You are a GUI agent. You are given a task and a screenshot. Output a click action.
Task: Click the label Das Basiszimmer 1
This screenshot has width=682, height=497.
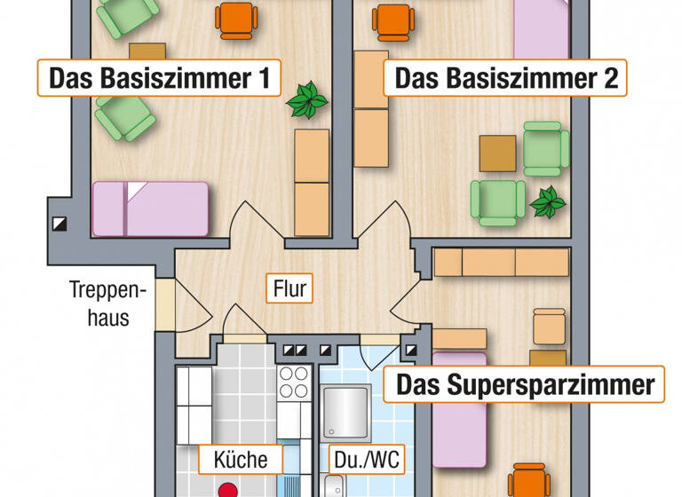click(159, 78)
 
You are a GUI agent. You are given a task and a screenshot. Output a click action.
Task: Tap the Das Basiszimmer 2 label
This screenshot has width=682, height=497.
click(505, 78)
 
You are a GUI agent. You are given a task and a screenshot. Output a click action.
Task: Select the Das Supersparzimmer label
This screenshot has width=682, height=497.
click(524, 385)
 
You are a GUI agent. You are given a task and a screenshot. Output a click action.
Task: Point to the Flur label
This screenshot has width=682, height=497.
click(289, 287)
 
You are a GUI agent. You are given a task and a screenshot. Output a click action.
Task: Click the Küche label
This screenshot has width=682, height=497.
click(241, 460)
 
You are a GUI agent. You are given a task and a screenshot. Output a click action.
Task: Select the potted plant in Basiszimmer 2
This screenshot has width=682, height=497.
click(547, 204)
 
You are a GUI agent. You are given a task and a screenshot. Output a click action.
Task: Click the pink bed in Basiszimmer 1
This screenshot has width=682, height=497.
click(151, 209)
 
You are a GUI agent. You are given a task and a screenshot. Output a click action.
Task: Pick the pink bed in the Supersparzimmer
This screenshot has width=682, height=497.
click(459, 417)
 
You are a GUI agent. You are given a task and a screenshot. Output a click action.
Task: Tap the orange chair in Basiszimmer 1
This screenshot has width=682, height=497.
click(237, 19)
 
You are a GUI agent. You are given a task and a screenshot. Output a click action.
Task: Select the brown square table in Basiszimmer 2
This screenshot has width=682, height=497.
click(497, 153)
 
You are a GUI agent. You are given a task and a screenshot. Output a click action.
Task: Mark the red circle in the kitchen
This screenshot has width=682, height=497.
click(230, 490)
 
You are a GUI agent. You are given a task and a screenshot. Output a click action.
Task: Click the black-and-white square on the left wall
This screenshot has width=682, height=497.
click(59, 224)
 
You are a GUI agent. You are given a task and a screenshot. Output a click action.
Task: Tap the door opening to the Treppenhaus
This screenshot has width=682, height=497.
click(165, 305)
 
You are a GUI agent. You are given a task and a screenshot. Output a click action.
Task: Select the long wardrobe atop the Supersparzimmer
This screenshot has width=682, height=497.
click(501, 262)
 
